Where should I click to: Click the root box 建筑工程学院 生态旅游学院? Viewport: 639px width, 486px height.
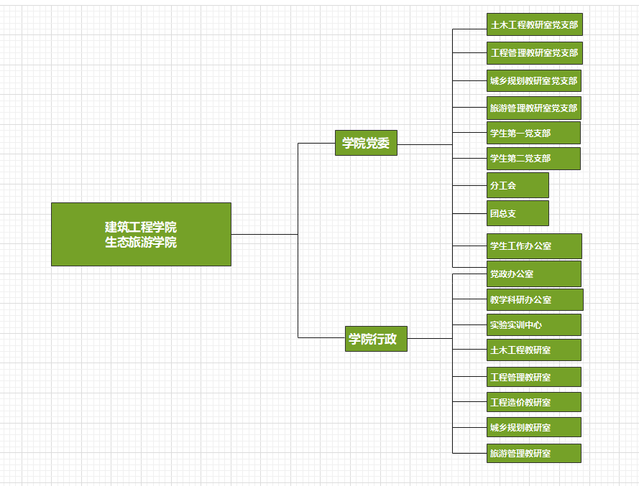point(141,234)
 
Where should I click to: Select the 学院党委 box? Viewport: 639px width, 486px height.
point(366,143)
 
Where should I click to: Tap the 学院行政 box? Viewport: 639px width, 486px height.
point(376,339)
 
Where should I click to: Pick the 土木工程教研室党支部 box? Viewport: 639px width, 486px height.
point(534,24)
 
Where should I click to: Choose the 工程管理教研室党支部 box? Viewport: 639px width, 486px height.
point(534,52)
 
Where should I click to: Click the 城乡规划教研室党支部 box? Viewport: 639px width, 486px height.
point(534,80)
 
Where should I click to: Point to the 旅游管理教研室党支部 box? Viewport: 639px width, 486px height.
point(534,108)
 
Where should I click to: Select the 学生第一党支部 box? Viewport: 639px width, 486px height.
point(533,133)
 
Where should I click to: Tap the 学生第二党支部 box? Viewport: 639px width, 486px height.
point(533,158)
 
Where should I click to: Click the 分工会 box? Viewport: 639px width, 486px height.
point(518,185)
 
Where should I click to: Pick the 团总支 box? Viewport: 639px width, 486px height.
point(518,213)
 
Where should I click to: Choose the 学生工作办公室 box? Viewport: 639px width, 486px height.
point(534,246)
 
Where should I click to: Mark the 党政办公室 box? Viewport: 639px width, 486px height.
point(533,274)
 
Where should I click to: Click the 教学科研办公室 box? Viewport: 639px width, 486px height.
point(535,299)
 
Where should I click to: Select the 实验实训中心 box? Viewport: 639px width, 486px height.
point(533,324)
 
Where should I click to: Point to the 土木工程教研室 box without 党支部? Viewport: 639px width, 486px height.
point(533,350)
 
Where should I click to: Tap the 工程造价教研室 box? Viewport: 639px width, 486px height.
point(533,402)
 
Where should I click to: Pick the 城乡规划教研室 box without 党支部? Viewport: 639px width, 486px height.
point(533,427)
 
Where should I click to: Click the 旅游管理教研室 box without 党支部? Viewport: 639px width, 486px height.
point(533,453)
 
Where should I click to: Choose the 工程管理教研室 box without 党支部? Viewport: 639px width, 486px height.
point(533,377)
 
